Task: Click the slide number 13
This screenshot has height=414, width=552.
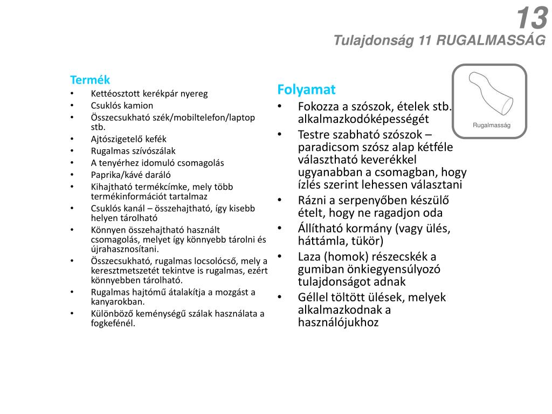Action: (x=532, y=19)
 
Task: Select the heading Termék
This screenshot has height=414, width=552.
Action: (x=90, y=80)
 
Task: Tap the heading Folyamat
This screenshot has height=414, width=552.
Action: (x=306, y=89)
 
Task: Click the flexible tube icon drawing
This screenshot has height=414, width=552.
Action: (x=489, y=94)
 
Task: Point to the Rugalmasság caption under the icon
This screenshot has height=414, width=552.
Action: (x=491, y=126)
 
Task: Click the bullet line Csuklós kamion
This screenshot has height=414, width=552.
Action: (x=122, y=106)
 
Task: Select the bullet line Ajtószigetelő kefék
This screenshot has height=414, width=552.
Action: (x=128, y=139)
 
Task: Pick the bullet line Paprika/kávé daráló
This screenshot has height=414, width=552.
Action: (x=130, y=174)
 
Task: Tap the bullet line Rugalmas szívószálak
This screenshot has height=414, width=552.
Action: (x=133, y=151)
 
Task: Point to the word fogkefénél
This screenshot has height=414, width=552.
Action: (x=113, y=323)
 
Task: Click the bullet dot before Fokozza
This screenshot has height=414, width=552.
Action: (x=280, y=106)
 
